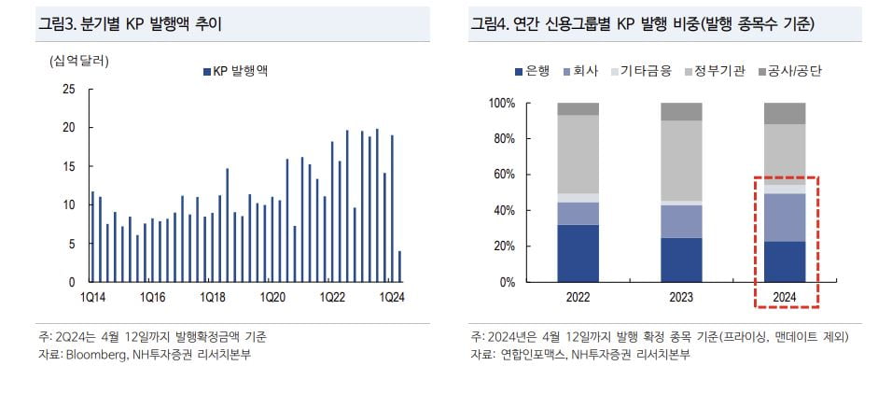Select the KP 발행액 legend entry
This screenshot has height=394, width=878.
(237, 71)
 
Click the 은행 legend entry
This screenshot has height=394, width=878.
(531, 71)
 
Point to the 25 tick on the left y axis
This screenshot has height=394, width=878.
(68, 90)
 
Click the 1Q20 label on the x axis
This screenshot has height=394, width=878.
(272, 297)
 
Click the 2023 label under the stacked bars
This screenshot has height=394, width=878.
(681, 297)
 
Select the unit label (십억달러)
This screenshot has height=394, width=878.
(79, 62)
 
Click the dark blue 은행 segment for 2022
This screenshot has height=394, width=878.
(578, 253)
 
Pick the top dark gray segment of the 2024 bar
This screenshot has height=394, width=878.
(784, 113)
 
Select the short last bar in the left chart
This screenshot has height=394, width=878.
(400, 266)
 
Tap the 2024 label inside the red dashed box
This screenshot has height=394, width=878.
(784, 297)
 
